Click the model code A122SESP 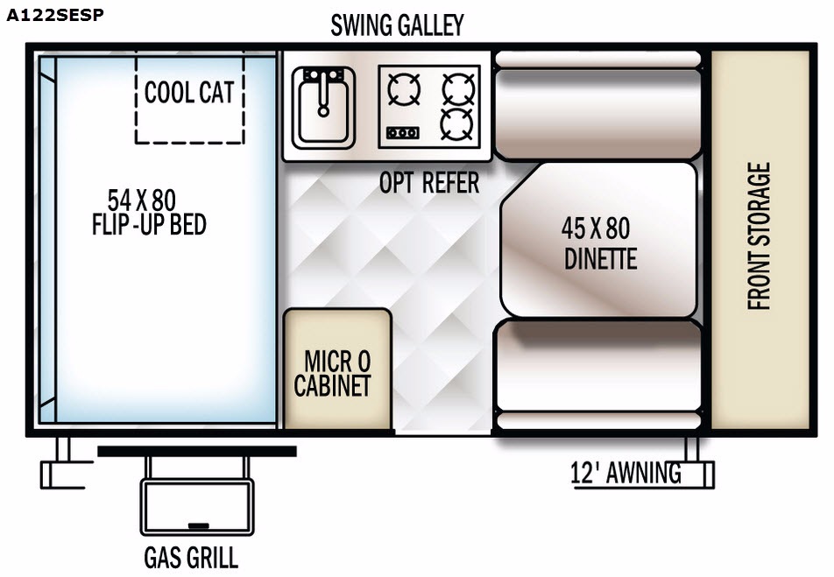55,15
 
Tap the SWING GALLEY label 398,25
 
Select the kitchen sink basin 323,108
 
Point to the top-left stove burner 404,88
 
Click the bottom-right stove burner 457,124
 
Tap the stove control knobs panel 402,132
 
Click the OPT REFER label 429,183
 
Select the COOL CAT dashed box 190,97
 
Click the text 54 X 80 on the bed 142,201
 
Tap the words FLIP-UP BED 149,224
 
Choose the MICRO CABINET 337,369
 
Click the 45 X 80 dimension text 596,229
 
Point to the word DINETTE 600,259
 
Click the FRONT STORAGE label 759,236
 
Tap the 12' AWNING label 625,473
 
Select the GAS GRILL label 191,558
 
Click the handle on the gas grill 198,526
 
